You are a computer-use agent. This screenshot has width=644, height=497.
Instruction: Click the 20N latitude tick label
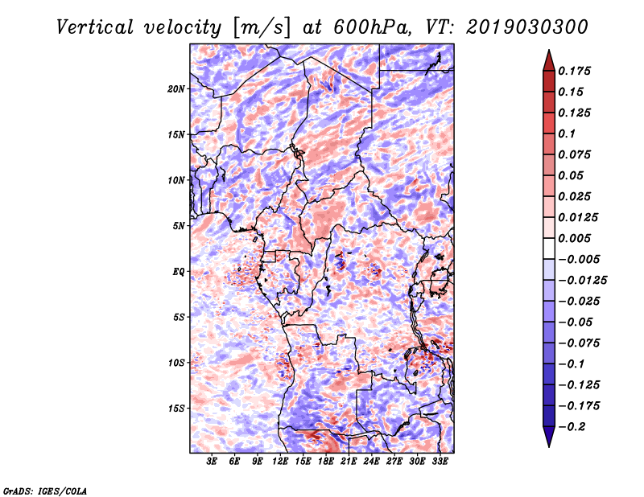pyautogui.click(x=176, y=89)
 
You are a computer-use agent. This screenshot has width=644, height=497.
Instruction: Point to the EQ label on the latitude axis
pyautogui.click(x=179, y=272)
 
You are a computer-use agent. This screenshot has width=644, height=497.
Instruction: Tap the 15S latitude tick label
pyautogui.click(x=176, y=409)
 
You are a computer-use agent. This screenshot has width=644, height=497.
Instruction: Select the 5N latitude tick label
pyautogui.click(x=179, y=226)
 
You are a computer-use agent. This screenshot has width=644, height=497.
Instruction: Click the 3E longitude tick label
pyautogui.click(x=212, y=462)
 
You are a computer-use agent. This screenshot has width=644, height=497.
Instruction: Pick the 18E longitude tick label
pyautogui.click(x=326, y=462)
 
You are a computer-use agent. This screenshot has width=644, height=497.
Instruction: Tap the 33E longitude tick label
pyautogui.click(x=440, y=462)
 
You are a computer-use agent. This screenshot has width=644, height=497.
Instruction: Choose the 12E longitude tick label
pyautogui.click(x=280, y=462)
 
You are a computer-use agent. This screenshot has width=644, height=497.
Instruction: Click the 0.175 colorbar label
pyautogui.click(x=574, y=71)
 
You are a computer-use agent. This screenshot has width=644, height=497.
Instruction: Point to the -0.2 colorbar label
pyautogui.click(x=572, y=427)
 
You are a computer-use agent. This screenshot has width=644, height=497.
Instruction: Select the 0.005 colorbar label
pyautogui.click(x=574, y=238)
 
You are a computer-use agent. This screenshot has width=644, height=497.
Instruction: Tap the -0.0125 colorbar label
pyautogui.click(x=583, y=281)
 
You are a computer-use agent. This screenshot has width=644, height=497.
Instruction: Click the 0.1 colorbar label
pyautogui.click(x=567, y=133)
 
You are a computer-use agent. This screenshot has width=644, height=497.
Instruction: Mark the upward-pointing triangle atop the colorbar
pyautogui.click(x=549, y=60)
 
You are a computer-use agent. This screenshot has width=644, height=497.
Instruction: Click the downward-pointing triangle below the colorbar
pyautogui.click(x=549, y=437)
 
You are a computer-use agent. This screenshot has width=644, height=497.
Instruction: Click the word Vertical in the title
pyautogui.click(x=95, y=27)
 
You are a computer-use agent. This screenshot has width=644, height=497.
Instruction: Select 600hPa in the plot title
pyautogui.click(x=373, y=27)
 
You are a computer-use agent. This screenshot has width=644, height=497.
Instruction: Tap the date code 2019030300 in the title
pyautogui.click(x=527, y=27)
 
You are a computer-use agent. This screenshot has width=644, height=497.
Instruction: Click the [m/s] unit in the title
pyautogui.click(x=262, y=28)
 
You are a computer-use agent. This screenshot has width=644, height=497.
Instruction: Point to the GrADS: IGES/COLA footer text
pyautogui.click(x=45, y=491)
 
